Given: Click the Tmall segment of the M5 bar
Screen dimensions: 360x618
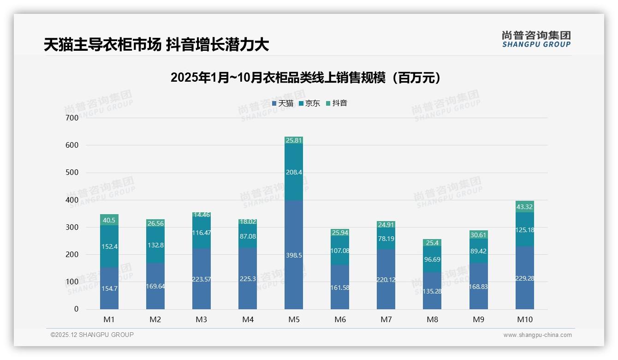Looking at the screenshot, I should tap(294, 255).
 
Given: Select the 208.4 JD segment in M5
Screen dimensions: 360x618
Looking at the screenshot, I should tap(294, 172).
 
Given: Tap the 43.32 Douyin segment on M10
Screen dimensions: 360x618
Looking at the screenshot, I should tap(524, 206).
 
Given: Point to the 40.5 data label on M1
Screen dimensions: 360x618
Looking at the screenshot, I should tap(109, 220).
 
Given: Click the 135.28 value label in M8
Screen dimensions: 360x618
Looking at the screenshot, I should tap(432, 291).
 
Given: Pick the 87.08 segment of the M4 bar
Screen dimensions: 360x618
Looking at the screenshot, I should tap(248, 236).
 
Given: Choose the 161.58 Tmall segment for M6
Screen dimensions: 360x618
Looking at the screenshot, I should tap(340, 287).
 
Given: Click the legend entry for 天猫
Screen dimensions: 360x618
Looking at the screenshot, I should tap(283, 103).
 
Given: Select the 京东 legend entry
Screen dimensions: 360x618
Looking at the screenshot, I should tap(309, 103).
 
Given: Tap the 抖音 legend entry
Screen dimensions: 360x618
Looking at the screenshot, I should tap(337, 103).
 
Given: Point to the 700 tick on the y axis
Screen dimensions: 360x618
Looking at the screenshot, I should tap(72, 118).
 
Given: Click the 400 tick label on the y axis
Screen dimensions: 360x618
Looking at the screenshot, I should tap(72, 200).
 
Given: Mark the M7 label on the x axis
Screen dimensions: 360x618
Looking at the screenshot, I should tap(386, 319).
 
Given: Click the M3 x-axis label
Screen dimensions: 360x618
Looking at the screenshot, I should tap(202, 319).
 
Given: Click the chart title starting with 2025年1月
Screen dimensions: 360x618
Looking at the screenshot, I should tap(306, 78).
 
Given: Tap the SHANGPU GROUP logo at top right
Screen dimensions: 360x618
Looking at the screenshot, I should tap(536, 39).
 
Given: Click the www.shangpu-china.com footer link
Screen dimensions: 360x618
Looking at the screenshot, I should tap(537, 335).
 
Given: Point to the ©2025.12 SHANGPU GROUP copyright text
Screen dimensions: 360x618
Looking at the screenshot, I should tap(92, 335).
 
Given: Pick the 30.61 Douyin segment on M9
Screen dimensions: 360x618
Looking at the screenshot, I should tap(478, 234).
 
